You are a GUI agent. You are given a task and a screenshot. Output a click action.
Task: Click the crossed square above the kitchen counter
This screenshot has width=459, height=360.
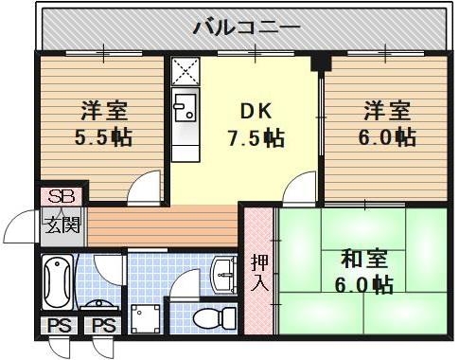pyautogui.click(x=184, y=71)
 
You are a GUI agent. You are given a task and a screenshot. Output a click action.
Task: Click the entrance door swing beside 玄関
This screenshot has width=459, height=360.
pyautogui.click(x=21, y=230)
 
